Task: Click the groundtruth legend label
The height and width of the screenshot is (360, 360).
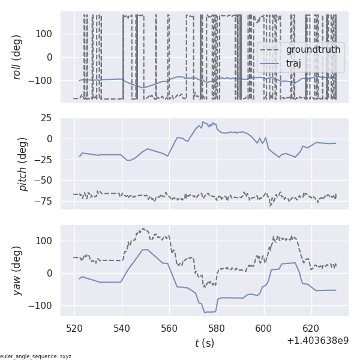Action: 313,49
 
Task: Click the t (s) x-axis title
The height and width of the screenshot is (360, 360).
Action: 204,343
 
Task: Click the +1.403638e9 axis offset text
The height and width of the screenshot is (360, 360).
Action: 317,341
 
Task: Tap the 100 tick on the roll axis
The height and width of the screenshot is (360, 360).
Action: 46,34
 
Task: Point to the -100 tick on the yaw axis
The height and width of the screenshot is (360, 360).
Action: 43,305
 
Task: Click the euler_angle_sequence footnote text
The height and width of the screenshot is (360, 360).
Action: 36,356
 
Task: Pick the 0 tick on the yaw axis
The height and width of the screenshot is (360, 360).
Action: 52,273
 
